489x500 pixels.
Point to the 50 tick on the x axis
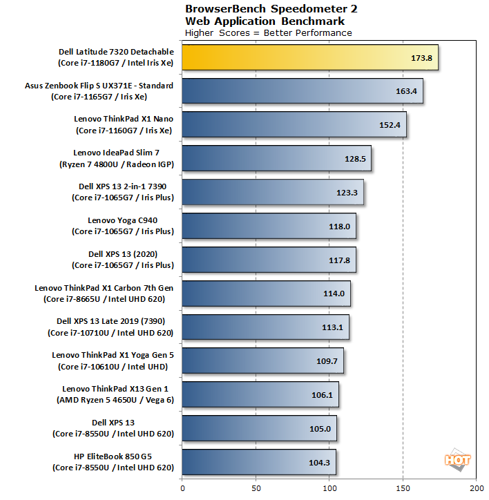tap(256, 488)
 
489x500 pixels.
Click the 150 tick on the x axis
tap(403, 488)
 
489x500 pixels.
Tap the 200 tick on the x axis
tap(476, 488)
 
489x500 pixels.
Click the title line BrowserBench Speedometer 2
tap(271, 9)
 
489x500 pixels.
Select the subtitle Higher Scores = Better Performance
tap(269, 32)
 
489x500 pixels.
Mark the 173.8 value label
tap(420, 58)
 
